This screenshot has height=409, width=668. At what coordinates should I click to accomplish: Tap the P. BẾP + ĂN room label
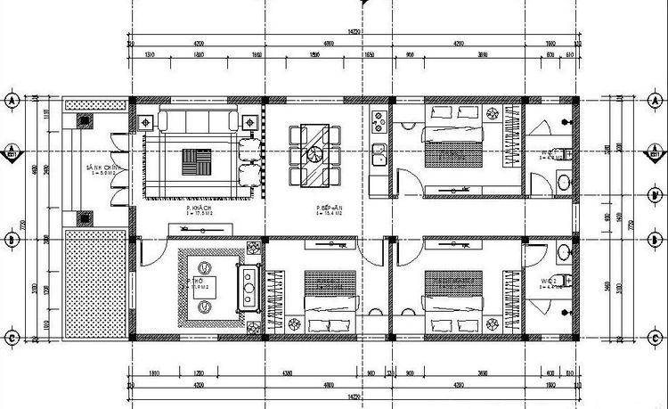click(330, 209)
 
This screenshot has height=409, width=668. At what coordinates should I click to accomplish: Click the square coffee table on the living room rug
click(198, 161)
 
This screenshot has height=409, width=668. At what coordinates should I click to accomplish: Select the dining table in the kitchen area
click(315, 155)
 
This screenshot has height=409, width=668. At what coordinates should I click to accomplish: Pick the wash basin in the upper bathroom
click(563, 184)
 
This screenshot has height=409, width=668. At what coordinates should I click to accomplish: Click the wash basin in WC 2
click(563, 252)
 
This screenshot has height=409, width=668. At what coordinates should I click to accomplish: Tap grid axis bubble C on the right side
click(656, 338)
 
